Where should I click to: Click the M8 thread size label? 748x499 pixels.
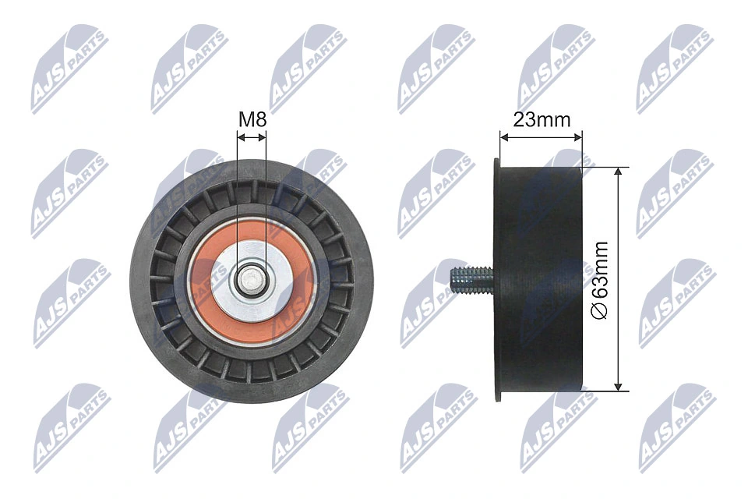click(252, 120)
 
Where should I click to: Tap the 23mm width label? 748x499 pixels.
click(542, 120)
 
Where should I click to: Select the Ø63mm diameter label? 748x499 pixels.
click(599, 278)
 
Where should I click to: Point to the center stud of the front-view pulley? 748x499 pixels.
click(252, 278)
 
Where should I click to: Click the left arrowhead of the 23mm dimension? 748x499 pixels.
click(503, 137)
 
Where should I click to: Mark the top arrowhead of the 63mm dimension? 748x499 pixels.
click(618, 171)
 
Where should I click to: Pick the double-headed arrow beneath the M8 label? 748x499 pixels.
click(252, 137)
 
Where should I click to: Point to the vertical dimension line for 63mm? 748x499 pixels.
click(618, 234)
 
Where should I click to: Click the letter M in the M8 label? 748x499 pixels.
click(245, 120)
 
